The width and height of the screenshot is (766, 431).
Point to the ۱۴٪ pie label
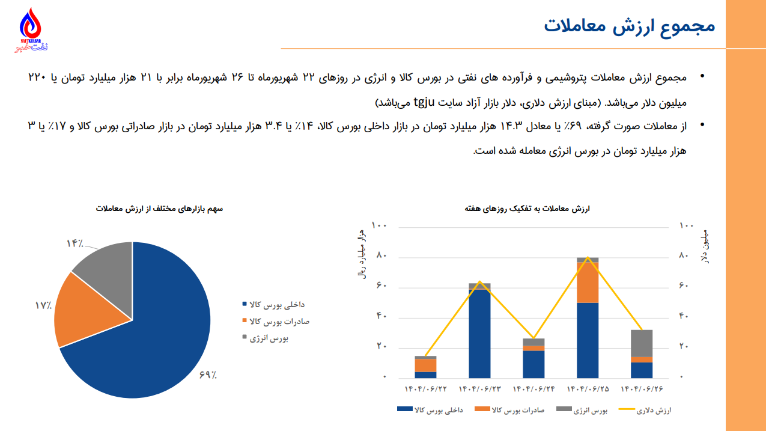(x=74, y=243)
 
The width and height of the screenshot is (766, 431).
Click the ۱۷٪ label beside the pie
(x=43, y=305)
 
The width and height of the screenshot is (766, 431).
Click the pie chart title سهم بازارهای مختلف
(x=159, y=209)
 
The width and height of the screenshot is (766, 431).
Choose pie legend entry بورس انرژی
(x=269, y=338)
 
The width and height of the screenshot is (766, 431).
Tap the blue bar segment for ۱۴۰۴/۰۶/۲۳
(x=479, y=334)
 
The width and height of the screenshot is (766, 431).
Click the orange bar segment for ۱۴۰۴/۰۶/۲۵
(x=588, y=283)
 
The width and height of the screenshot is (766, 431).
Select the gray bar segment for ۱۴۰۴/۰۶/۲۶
(x=642, y=343)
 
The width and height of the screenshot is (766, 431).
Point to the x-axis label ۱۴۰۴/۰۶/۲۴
(x=533, y=390)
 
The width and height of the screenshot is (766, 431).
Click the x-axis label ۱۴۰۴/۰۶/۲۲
(x=426, y=390)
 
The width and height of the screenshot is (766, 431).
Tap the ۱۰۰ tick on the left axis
(x=380, y=225)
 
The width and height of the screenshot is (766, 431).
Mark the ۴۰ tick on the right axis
(x=684, y=316)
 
